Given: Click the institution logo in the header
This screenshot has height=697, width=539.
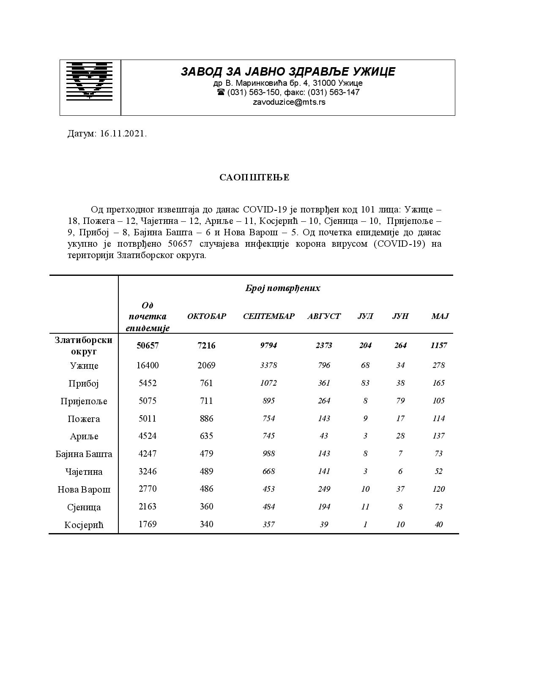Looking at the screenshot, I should tap(90, 81).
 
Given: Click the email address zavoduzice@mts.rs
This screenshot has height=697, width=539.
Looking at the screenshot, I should tap(289, 102).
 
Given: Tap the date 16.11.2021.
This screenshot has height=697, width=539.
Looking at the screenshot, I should tap(123, 134).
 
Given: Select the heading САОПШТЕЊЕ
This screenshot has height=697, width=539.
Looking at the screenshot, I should tap(254, 177).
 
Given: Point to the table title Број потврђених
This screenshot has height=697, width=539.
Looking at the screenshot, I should tap(282, 288).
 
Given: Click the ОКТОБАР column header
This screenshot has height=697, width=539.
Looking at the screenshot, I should tap(207, 316).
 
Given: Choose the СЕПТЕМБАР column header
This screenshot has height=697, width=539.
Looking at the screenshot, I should tap(268, 316).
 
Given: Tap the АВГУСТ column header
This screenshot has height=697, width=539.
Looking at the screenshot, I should tap(324, 316).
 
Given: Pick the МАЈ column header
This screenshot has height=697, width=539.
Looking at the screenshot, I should tap(440, 316).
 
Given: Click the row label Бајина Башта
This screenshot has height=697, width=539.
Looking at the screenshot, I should tap(84, 454).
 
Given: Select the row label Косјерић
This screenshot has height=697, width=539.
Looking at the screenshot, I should tap(84, 525).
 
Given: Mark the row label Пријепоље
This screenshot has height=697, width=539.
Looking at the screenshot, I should tap(84, 401).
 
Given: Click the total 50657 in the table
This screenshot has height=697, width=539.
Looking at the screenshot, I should tap(148, 346).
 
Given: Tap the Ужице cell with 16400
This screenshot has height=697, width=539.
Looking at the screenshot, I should tap(148, 365).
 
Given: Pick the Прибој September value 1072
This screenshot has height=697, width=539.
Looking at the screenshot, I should tap(268, 383).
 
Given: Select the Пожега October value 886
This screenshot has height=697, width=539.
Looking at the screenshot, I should tap(207, 419).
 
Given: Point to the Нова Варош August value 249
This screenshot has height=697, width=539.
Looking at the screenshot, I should tap(324, 489).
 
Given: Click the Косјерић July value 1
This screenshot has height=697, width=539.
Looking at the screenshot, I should tap(365, 525).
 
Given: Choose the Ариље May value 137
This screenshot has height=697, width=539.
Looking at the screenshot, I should tap(438, 436).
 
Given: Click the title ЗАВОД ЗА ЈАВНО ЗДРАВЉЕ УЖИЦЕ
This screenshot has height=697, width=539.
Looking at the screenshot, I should tap(288, 72).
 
